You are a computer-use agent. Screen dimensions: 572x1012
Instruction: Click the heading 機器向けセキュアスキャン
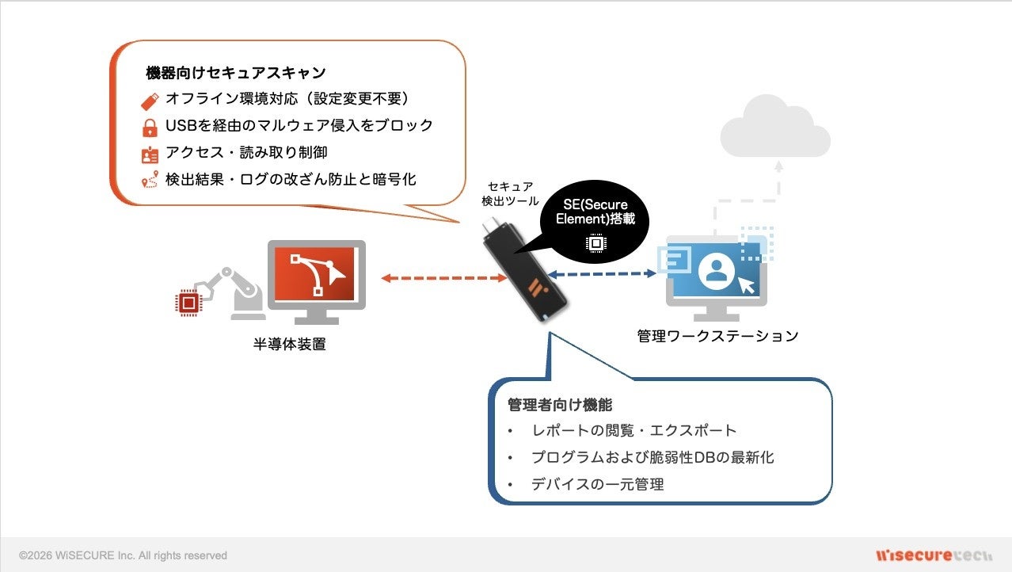pos(235,73)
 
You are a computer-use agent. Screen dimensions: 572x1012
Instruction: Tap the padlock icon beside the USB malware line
pos(150,127)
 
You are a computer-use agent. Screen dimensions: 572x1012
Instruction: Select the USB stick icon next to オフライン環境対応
pos(150,100)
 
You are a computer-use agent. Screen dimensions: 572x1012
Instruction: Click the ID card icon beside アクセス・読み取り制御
pos(150,154)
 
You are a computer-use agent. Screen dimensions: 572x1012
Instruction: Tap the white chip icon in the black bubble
pos(595,244)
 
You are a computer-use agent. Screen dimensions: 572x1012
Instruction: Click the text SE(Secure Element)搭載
pos(595,212)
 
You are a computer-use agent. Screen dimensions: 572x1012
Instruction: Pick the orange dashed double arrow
pos(444,278)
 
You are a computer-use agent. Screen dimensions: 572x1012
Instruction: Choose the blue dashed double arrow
pos(604,273)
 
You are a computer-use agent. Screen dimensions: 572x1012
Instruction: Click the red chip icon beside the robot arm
pos(188,303)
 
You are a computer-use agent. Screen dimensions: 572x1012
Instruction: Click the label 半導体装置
pos(289,345)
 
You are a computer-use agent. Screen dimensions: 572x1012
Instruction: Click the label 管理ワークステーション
pos(717,336)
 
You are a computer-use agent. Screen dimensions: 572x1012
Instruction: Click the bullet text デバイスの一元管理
pos(598,484)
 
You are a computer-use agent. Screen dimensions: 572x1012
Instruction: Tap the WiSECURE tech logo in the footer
pos(934,555)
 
